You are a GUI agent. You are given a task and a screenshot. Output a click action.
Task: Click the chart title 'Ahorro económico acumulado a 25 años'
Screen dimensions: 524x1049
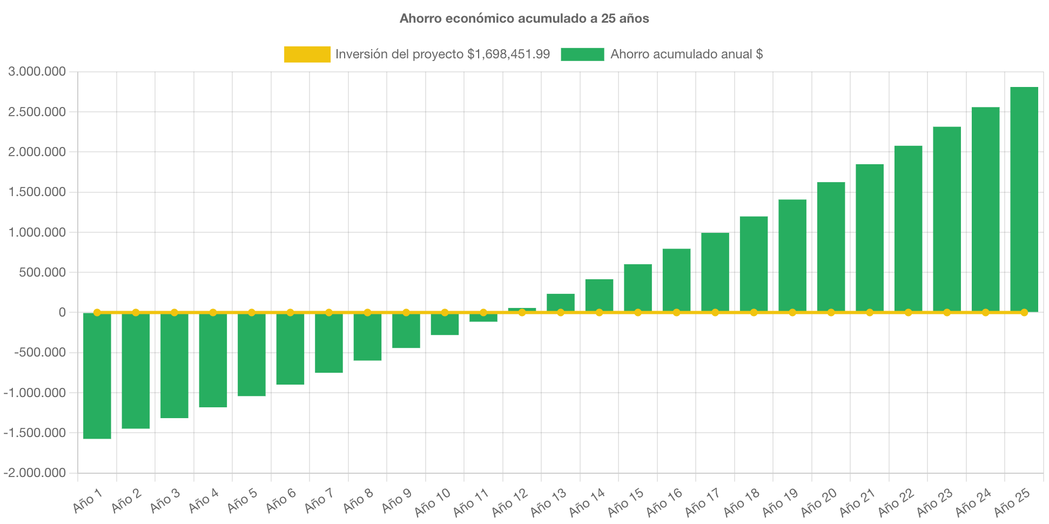click(524, 18)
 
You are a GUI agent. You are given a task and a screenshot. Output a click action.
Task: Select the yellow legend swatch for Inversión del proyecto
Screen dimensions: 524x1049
click(307, 54)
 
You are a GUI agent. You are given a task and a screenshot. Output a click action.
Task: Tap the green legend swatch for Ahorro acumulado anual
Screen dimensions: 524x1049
click(582, 54)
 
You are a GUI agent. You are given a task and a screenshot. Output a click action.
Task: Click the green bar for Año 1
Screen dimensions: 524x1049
click(97, 375)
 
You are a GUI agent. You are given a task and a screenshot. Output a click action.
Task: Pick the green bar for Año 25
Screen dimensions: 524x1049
click(1024, 200)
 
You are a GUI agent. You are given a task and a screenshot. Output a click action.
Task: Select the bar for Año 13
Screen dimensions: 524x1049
click(561, 303)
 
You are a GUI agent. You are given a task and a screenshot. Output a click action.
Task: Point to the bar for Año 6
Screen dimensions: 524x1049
click(290, 348)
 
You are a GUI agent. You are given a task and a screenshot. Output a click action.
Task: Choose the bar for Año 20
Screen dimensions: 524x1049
click(831, 247)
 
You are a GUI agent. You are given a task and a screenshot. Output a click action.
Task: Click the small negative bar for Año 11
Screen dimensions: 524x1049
click(483, 318)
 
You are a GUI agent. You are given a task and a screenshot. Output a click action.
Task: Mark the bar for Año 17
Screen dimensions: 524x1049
click(715, 272)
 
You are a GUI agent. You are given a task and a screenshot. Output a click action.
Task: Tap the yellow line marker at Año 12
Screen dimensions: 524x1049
click(522, 312)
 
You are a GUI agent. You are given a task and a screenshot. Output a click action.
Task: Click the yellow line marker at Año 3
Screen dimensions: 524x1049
click(174, 312)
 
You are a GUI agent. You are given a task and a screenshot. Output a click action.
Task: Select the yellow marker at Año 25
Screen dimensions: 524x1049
click(1024, 312)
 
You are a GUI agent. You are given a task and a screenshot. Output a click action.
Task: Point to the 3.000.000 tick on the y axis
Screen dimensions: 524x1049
click(37, 71)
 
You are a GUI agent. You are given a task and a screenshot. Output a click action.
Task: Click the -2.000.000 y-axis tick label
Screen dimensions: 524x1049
click(35, 473)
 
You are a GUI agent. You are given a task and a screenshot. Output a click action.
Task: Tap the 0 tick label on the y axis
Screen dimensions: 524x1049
click(62, 312)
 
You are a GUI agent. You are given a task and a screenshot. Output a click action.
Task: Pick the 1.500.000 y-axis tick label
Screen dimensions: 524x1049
click(37, 192)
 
